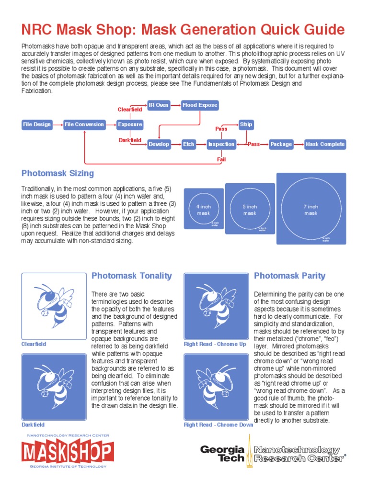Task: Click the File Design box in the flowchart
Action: tap(37, 124)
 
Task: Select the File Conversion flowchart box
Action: tap(84, 124)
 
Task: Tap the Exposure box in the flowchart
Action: tap(130, 124)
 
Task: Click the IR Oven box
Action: tap(159, 105)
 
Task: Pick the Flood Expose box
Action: tap(199, 105)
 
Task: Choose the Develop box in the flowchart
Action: tap(159, 144)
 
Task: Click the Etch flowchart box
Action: tap(188, 144)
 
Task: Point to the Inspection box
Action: tap(221, 144)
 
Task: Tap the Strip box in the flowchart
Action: tap(246, 124)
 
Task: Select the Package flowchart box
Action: tap(281, 144)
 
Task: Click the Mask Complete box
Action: tap(325, 144)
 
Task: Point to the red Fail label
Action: tap(221, 159)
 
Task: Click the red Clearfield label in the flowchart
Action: tap(130, 110)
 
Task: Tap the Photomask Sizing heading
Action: tap(57, 173)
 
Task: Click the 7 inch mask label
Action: tap(311, 210)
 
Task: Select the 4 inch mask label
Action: tap(204, 210)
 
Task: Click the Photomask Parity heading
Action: tap(289, 276)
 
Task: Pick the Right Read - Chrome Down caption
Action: tap(218, 424)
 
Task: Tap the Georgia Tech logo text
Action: tap(222, 454)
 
